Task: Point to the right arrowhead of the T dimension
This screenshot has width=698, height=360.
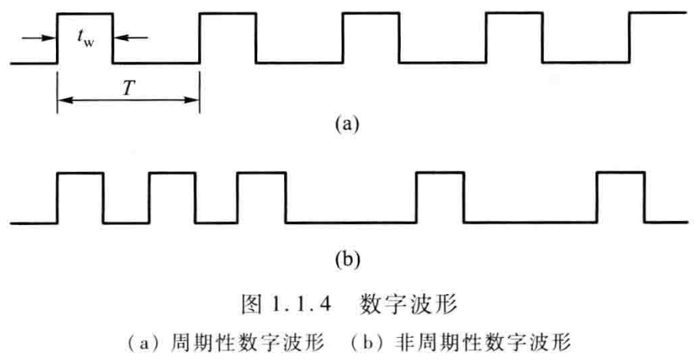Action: click(194, 101)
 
